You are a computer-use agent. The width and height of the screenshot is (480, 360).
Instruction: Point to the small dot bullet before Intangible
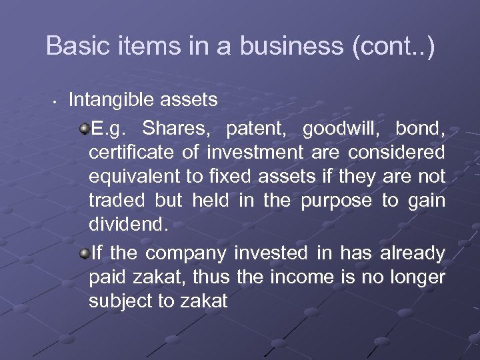(54, 102)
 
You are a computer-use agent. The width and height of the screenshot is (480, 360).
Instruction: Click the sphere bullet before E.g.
(85, 127)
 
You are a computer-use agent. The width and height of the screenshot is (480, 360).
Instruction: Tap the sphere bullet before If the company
(85, 254)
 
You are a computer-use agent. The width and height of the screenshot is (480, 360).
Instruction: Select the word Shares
(175, 127)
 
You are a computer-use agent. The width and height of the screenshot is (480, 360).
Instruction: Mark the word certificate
(131, 153)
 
